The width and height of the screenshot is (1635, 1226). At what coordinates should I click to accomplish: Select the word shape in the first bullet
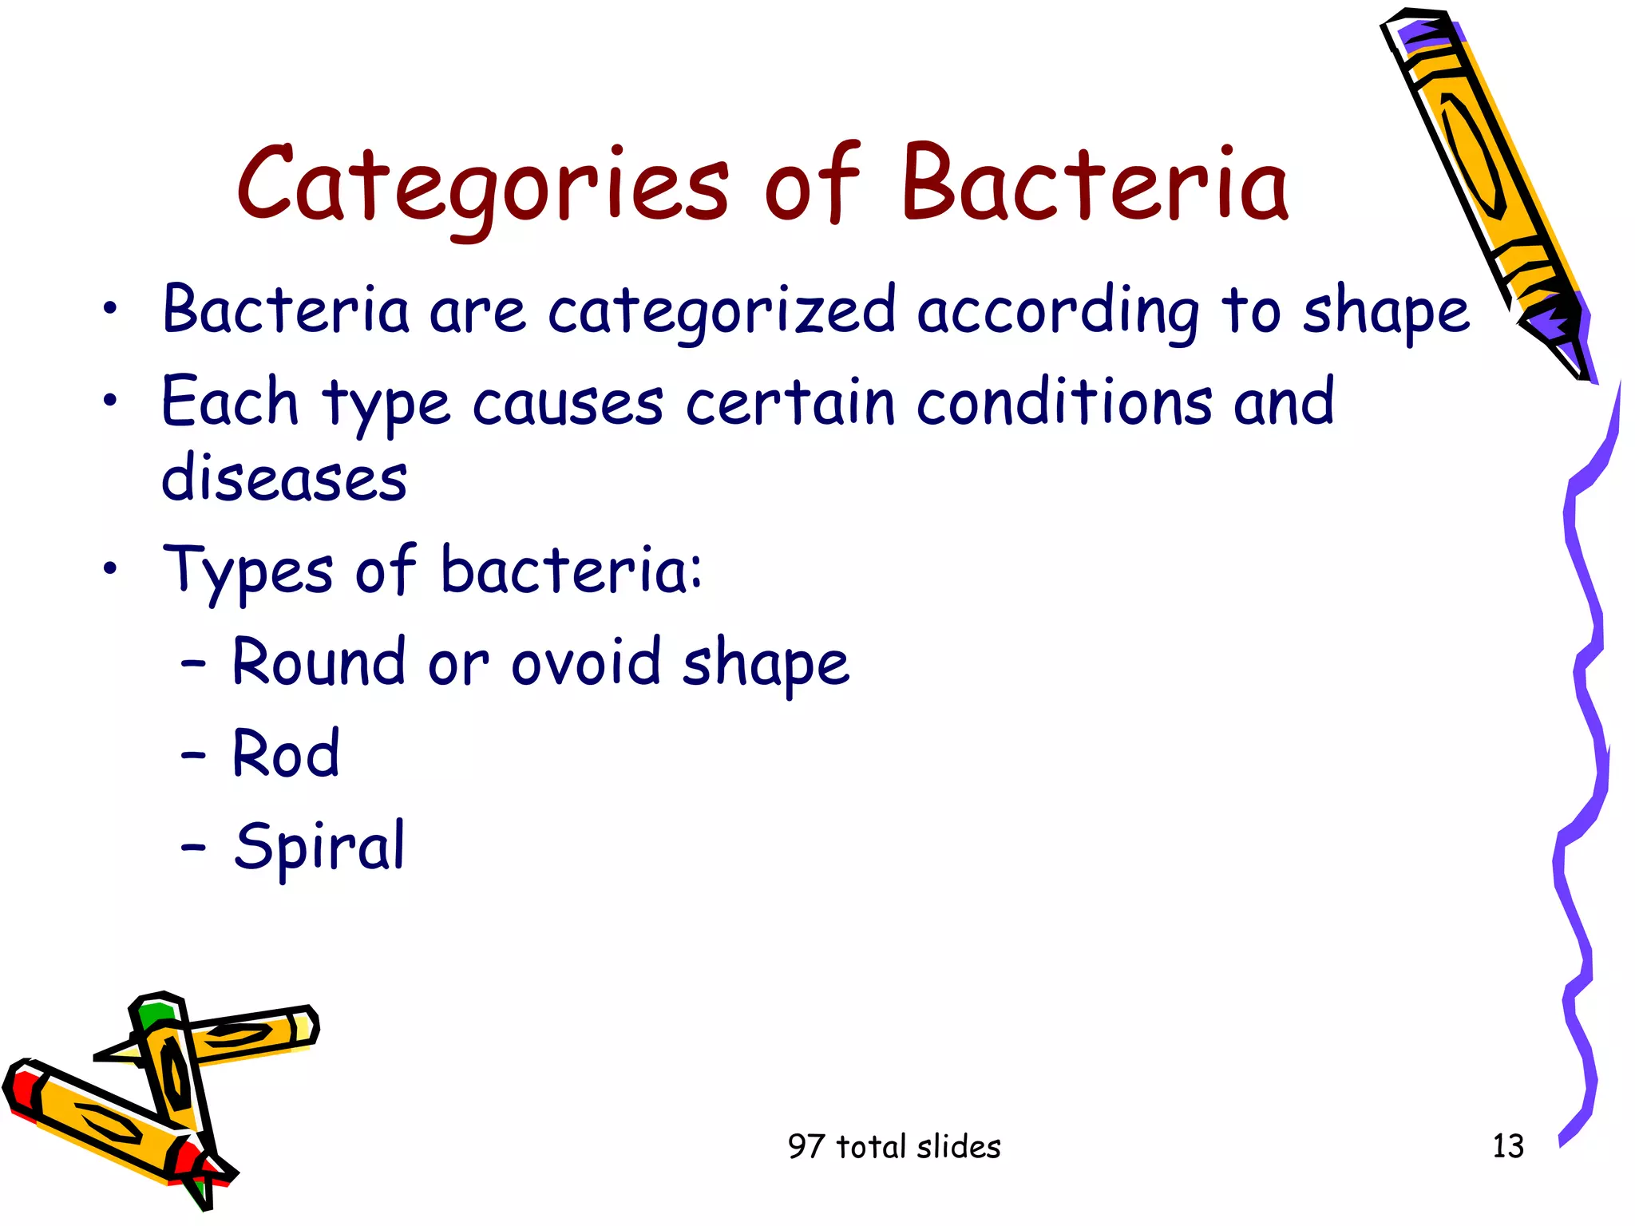click(1386, 311)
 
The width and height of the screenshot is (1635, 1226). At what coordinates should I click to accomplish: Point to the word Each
click(229, 401)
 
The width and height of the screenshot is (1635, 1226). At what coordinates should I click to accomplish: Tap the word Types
click(247, 571)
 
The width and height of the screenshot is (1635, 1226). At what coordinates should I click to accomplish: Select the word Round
click(319, 662)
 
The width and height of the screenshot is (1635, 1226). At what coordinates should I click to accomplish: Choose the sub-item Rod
click(286, 753)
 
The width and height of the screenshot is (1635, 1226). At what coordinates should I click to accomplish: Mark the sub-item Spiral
click(319, 846)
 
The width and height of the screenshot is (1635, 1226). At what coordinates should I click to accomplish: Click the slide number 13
click(1507, 1146)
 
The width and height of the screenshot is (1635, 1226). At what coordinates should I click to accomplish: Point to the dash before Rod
click(193, 754)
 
